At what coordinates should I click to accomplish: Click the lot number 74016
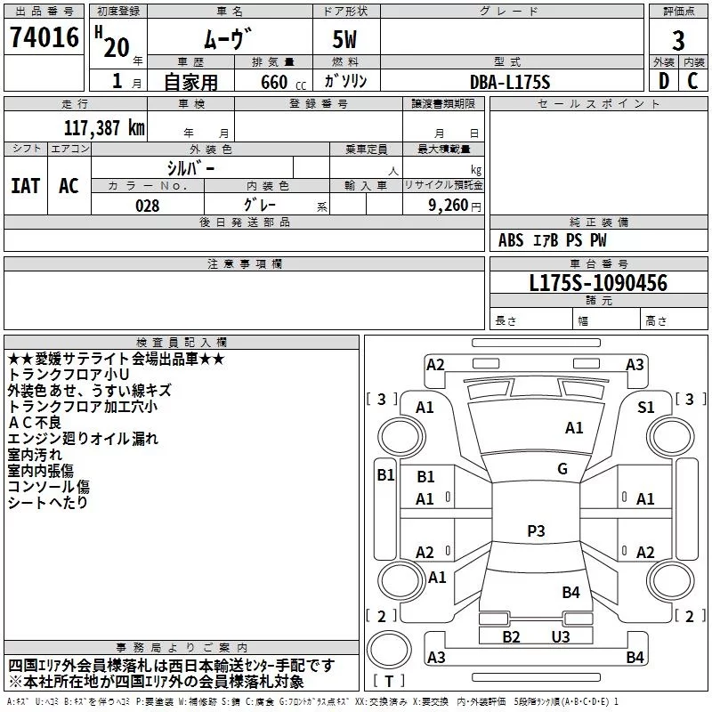tap(44, 36)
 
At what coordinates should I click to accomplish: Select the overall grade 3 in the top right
tap(678, 41)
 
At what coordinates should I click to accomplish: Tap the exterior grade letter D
tap(664, 81)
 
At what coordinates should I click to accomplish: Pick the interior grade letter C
tap(692, 81)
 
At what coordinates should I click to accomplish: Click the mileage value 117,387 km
tap(104, 127)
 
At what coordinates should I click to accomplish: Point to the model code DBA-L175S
tap(510, 82)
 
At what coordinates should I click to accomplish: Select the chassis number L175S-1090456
tap(598, 283)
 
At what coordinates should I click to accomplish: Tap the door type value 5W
tap(344, 39)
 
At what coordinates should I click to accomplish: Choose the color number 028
tap(148, 206)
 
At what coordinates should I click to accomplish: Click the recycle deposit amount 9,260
tap(449, 206)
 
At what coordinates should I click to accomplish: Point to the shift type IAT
tap(26, 186)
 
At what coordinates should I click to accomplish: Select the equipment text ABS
tap(511, 240)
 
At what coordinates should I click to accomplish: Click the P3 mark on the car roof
tap(536, 530)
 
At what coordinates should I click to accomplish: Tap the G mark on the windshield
tap(562, 469)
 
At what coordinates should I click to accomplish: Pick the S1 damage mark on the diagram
tap(646, 408)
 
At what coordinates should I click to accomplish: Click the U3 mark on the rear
tap(561, 636)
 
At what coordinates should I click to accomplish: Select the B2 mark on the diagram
tap(511, 636)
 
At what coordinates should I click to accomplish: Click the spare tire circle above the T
tap(389, 649)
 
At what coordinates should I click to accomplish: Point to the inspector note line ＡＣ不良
tap(35, 422)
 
